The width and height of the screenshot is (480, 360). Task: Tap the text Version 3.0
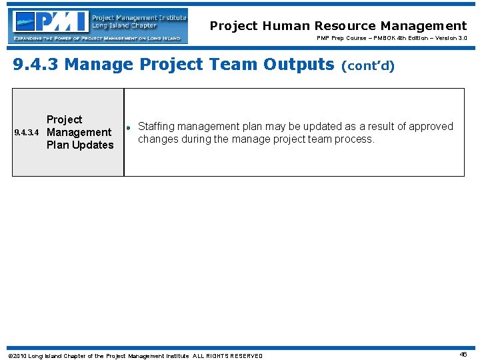point(449,38)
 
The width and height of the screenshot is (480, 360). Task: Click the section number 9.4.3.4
point(28,133)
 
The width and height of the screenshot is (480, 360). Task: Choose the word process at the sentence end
point(356,139)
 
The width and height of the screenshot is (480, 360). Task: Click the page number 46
point(463,355)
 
